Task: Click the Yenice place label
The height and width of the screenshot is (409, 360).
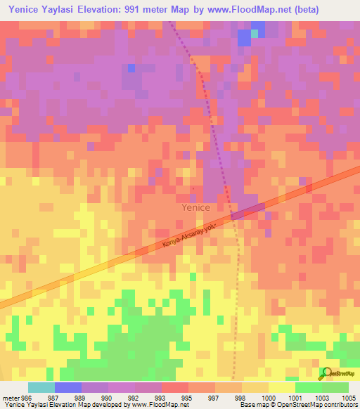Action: pyautogui.click(x=195, y=207)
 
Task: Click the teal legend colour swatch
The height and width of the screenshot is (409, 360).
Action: pyautogui.click(x=41, y=387)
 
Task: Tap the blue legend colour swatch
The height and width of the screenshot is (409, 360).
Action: pyautogui.click(x=68, y=387)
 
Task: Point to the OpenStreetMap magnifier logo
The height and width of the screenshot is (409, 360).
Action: pyautogui.click(x=326, y=374)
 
